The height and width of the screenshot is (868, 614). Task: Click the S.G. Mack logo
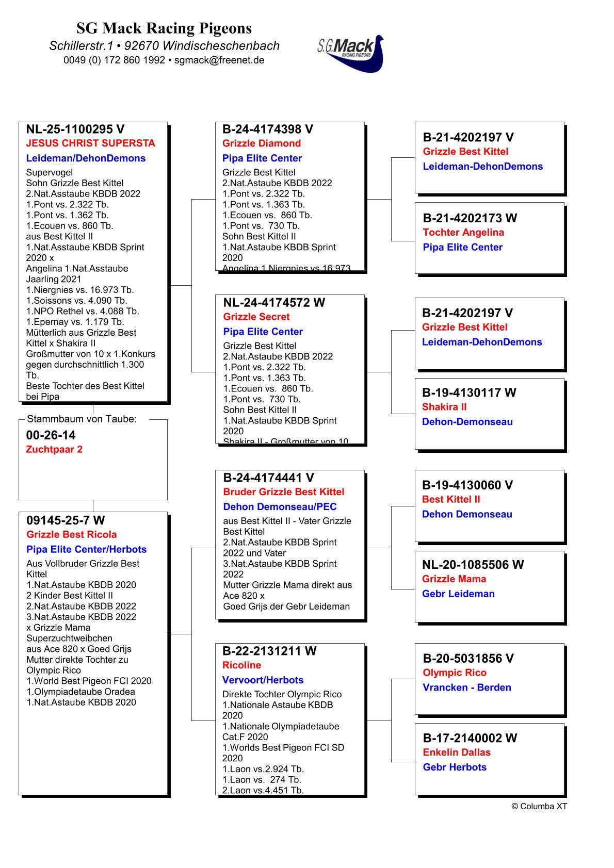(351, 53)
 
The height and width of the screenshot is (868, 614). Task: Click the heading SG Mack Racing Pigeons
(164, 28)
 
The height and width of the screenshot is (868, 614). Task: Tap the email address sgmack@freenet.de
(219, 60)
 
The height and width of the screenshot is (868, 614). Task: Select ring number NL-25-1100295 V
(75, 129)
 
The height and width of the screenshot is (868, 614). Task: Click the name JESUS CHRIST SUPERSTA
(90, 143)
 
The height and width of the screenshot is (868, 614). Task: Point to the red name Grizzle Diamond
(261, 143)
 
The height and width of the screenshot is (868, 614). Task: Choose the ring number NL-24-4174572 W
(274, 302)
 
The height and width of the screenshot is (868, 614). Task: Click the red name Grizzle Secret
(256, 317)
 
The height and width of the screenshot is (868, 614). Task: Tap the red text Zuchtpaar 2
(54, 449)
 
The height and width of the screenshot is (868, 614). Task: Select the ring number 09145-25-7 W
(66, 520)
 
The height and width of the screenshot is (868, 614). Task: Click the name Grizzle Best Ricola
(72, 534)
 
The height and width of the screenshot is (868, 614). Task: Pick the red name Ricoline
(241, 665)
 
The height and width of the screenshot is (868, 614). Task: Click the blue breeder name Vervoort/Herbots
(263, 680)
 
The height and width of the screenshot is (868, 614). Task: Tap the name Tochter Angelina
(463, 232)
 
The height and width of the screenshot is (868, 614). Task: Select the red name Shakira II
(444, 407)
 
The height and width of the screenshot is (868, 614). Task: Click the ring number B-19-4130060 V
(467, 485)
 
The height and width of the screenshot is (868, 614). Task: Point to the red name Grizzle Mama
(454, 579)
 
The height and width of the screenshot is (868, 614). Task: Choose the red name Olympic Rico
(455, 673)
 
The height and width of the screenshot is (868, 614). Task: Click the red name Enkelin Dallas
(457, 752)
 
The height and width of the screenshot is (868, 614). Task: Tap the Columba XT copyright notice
(539, 806)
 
